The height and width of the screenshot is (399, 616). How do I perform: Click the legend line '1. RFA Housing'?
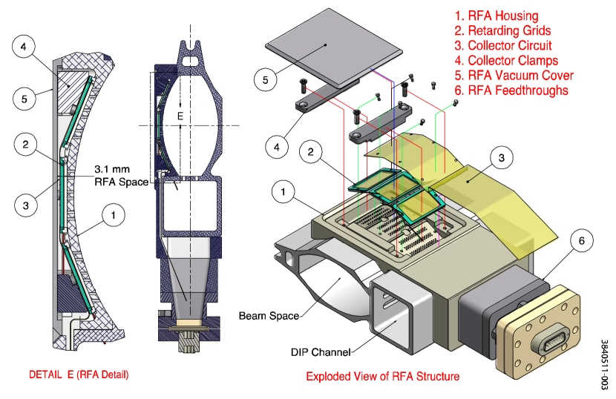pos(497,16)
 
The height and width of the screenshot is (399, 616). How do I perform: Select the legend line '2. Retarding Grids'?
pos(503,30)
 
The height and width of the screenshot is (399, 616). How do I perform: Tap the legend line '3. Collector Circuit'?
pos(504,46)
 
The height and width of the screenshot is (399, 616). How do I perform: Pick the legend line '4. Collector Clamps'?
pos(507,61)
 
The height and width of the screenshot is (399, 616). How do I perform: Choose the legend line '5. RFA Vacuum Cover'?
pos(514,76)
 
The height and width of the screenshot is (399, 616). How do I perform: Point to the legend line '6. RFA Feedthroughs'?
pos(512,90)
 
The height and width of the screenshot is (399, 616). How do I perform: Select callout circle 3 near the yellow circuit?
pos(501,158)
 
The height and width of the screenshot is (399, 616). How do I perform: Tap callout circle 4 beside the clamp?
pos(276,146)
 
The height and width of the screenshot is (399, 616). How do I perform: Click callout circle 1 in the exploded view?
pos(283,193)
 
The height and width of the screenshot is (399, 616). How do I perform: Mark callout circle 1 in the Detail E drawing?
pos(113,216)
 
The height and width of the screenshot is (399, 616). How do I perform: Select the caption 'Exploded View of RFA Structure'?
pos(382,376)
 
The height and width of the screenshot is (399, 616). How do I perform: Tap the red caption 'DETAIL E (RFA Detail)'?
pos(79,374)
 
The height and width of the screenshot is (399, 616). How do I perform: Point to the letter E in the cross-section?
pos(179,116)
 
